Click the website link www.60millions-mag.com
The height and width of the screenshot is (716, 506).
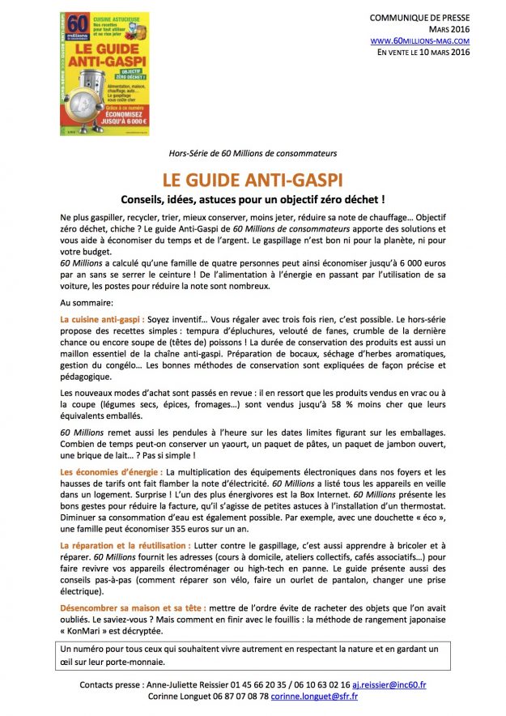click(x=419, y=40)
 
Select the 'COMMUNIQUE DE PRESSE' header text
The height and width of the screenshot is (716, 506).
click(x=419, y=17)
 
